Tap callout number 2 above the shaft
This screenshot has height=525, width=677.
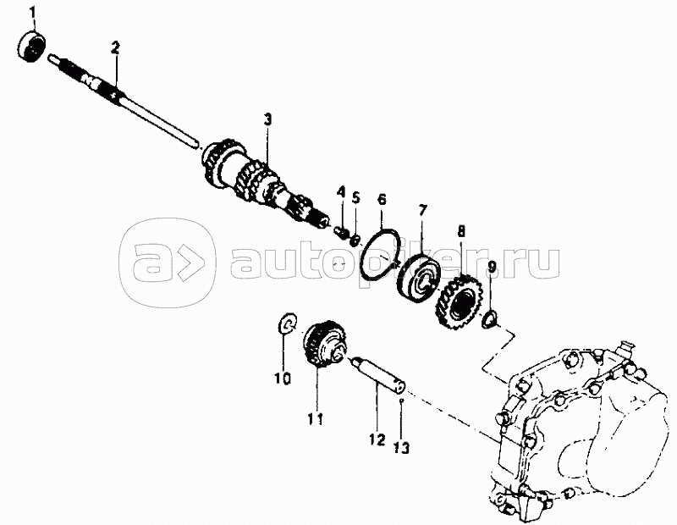coord(114,47)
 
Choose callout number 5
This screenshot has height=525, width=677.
coord(356,198)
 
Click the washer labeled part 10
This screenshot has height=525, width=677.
coord(288,323)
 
